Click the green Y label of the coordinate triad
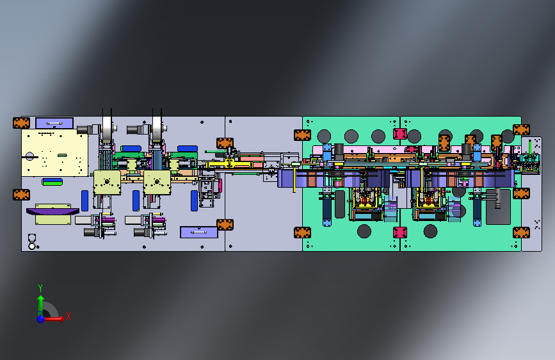click(40, 288)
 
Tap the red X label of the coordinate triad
click(68, 316)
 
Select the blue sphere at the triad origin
click(41, 319)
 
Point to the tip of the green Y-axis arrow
click(41, 296)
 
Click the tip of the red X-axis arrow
click(65, 319)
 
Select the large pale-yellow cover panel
click(54, 152)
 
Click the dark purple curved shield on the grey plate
click(52, 211)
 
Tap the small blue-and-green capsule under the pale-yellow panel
click(52, 182)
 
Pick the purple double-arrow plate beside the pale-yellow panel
click(54, 123)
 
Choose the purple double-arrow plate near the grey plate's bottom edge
click(199, 233)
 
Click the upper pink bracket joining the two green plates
click(400, 134)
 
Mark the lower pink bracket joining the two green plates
click(400, 233)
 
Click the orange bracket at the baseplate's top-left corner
click(21, 123)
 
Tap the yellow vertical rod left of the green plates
click(294, 179)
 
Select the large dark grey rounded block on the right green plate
click(498, 207)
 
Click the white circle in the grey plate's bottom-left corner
click(32, 245)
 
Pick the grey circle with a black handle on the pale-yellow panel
click(29, 156)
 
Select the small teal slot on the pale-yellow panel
click(62, 155)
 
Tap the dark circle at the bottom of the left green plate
click(364, 231)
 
